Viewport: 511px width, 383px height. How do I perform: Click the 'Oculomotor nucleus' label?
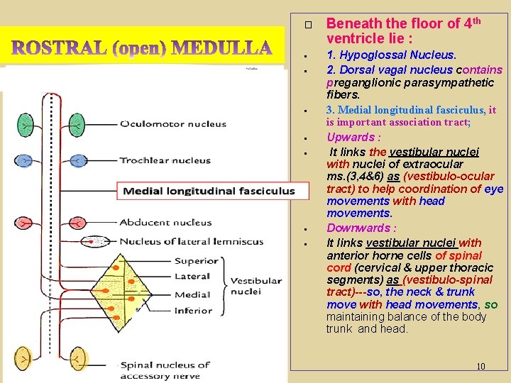[x=172, y=124]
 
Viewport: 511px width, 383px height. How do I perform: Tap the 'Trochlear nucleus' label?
[x=165, y=160]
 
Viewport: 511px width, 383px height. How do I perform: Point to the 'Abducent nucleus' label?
[x=165, y=223]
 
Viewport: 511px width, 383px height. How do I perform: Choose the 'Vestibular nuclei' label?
[x=256, y=286]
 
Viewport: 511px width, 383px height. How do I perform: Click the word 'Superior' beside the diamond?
[x=195, y=261]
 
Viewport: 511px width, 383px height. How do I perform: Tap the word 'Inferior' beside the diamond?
[x=193, y=311]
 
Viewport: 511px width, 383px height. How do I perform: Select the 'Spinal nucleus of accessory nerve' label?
[x=165, y=370]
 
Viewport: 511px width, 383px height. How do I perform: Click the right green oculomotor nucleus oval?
[x=82, y=125]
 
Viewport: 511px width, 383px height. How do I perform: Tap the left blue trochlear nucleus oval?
[x=26, y=160]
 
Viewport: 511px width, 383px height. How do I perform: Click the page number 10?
[x=480, y=367]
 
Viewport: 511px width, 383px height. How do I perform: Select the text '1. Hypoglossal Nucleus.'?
[x=391, y=55]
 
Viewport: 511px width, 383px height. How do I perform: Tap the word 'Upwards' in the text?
[x=350, y=137]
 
